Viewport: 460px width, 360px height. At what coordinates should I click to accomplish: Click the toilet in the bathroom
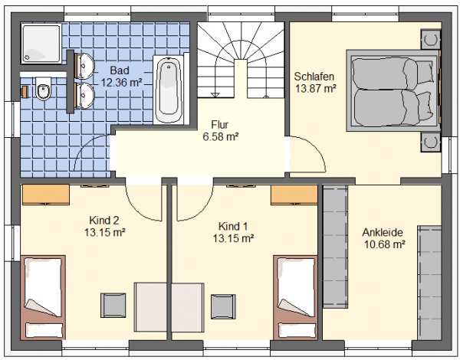coord(44,89)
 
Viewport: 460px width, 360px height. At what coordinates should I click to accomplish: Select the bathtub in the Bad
coord(168,90)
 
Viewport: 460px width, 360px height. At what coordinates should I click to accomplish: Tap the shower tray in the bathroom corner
coord(41,44)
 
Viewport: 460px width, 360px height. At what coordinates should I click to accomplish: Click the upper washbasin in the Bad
coord(85,66)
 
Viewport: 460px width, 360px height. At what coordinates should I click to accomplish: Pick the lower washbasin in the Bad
coord(85,96)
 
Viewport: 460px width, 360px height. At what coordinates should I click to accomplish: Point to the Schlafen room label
coord(314,77)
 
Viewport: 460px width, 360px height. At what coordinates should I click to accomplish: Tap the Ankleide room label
coord(383,233)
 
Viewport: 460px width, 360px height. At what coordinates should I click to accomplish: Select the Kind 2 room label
coord(104,220)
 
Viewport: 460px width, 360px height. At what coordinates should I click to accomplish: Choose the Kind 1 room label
coord(233,226)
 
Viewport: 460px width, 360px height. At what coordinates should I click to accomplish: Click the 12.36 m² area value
coord(121,83)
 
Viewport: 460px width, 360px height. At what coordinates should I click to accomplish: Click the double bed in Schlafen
coord(393,90)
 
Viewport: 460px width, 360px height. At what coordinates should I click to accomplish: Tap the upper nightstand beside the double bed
coord(431,39)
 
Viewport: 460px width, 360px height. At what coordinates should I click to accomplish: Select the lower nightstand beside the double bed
coord(431,142)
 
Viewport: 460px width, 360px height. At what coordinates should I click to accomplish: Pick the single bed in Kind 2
coord(43,297)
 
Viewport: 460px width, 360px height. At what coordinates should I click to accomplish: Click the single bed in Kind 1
coord(295,297)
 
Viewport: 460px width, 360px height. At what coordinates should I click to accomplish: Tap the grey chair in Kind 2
coord(113,305)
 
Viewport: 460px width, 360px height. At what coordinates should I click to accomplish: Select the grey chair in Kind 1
coord(223,306)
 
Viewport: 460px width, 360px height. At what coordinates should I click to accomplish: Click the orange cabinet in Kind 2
coord(46,195)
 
